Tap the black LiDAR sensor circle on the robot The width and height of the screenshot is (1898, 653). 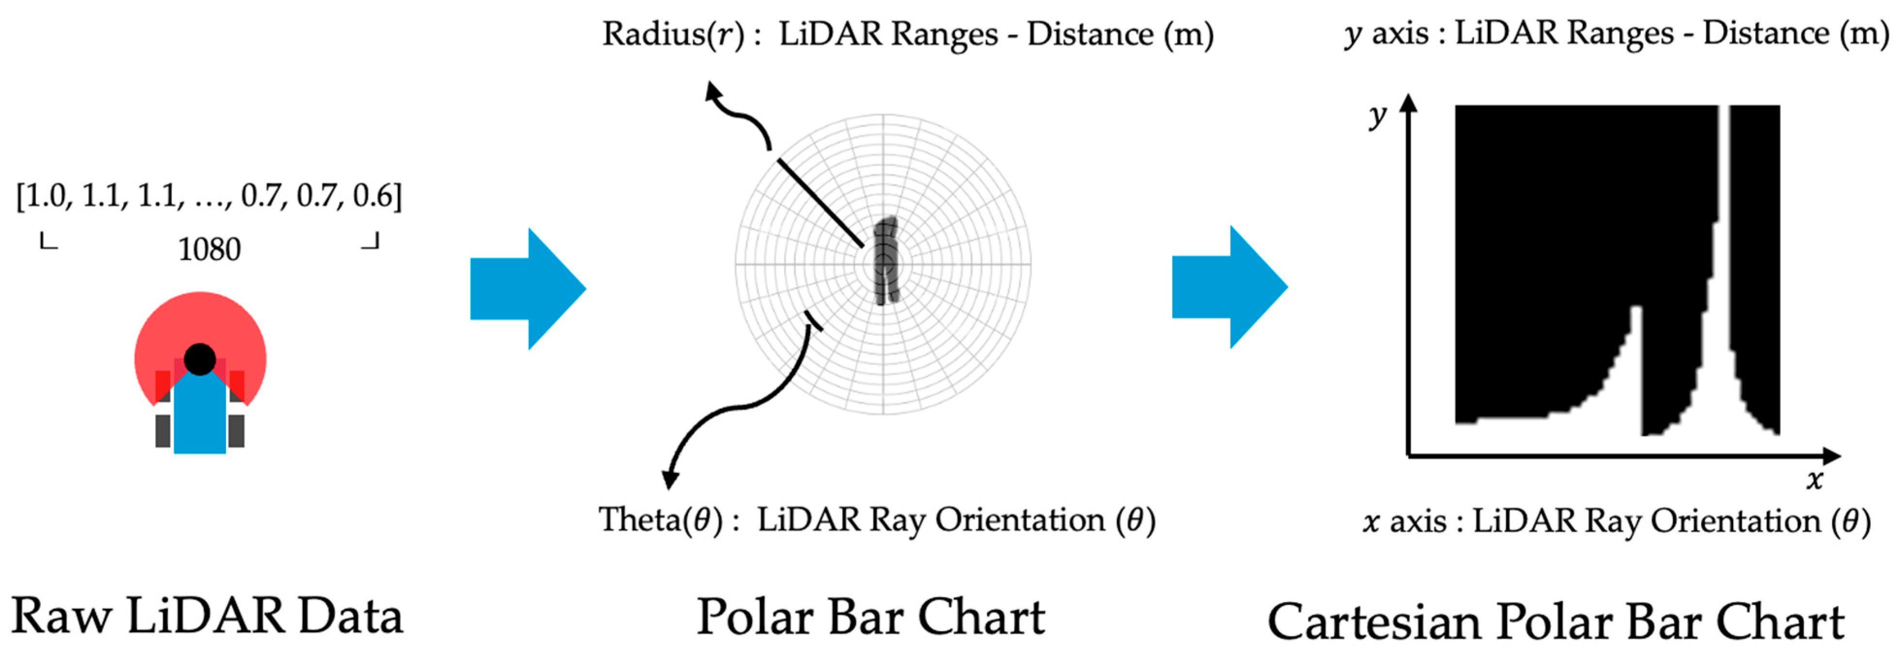pos(200,359)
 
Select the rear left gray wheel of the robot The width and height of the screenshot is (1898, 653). pos(163,431)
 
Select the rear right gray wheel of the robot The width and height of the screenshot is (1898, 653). pos(237,431)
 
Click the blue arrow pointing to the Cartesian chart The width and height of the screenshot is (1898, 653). pos(1229,287)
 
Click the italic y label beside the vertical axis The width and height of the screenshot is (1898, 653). pos(1377,116)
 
